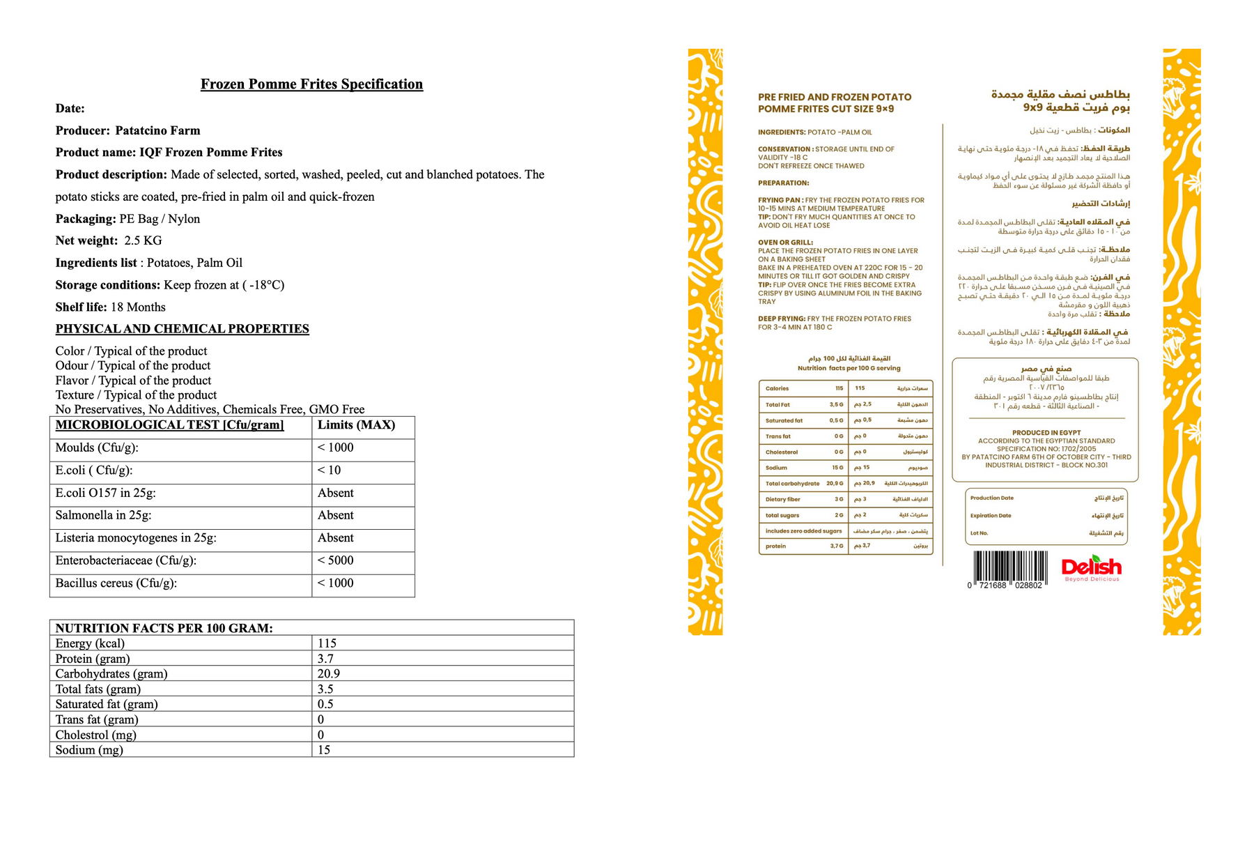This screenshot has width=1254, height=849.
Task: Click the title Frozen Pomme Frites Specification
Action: click(311, 84)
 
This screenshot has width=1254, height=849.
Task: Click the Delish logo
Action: click(1091, 567)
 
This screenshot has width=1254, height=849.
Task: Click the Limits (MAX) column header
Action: click(356, 425)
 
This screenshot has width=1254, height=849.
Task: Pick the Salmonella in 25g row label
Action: click(103, 515)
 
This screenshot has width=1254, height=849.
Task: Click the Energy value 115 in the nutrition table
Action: click(327, 643)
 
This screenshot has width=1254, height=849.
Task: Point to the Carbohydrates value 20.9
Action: click(329, 674)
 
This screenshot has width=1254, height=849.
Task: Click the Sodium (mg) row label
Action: click(89, 750)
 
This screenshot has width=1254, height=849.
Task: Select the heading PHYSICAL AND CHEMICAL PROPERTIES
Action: click(182, 329)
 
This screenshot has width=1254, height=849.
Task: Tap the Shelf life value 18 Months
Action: click(138, 307)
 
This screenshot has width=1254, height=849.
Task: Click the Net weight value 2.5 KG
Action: click(143, 241)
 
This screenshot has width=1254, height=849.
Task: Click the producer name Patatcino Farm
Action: click(157, 131)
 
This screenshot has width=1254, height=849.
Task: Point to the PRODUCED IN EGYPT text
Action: click(1045, 433)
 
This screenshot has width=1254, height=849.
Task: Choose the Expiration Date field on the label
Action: click(991, 516)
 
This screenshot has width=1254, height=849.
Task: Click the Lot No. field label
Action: click(979, 533)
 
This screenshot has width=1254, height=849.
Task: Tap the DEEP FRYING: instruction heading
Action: click(782, 319)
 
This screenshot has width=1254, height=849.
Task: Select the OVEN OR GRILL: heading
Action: click(785, 243)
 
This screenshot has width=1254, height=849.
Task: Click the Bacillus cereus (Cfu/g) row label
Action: click(116, 583)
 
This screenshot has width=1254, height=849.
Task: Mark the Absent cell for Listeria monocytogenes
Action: click(335, 538)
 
